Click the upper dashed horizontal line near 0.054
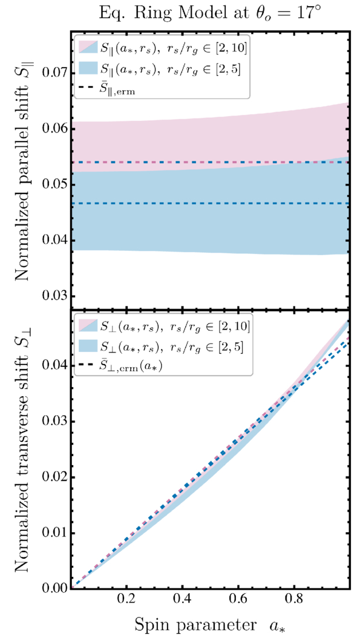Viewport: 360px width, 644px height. tap(211, 162)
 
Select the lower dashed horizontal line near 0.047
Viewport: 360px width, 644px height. tap(211, 203)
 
